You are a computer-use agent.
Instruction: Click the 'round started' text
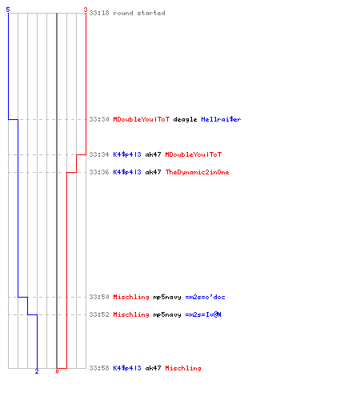coord(139,13)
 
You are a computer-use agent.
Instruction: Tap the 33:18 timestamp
coord(99,13)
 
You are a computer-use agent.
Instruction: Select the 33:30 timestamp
coord(99,119)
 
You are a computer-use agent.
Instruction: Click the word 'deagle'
coord(185,119)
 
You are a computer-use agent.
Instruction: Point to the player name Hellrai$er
coord(221,119)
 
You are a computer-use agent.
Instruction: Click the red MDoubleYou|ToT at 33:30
coord(142,119)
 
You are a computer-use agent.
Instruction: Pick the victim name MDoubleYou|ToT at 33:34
coord(194,154)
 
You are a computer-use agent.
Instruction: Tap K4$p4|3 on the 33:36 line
coord(127,172)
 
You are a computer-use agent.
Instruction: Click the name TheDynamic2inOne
coord(198,172)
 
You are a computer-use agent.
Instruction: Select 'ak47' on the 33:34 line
coord(153,154)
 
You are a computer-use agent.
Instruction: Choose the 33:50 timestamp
coord(99,297)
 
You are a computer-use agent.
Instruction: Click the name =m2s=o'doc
coord(205,297)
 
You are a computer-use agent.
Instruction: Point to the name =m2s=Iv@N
coord(203,314)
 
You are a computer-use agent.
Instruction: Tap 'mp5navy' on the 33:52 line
coord(167,314)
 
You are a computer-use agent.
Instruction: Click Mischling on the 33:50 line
coord(131,297)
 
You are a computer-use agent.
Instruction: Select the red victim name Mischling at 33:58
coord(183,368)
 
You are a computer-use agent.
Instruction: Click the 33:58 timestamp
coord(99,368)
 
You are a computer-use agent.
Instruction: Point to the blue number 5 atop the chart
coord(8,10)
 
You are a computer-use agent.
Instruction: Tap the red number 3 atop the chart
coord(86,10)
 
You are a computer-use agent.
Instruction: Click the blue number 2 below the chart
coord(37,371)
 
